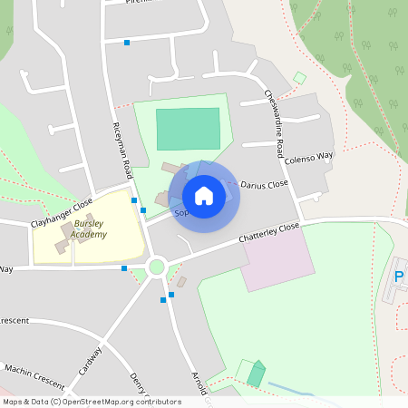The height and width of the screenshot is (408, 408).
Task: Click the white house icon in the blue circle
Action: pos(204,195)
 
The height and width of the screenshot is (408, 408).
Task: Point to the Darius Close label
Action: pos(264,185)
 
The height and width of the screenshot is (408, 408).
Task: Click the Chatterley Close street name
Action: pos(268,233)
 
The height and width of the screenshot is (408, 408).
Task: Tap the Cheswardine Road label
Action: pos(275,112)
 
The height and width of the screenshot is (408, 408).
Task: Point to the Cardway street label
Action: pos(91,361)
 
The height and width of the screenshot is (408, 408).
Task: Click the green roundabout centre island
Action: pos(157,267)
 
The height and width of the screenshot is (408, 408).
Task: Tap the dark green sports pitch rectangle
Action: pos(188,129)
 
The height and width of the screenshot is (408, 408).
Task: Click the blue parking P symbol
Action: pos(399,277)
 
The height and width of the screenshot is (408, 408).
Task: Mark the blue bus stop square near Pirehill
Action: pos(127,43)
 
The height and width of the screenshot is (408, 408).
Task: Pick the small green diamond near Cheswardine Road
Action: pos(299,78)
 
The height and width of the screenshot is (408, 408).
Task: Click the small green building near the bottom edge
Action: pos(257,374)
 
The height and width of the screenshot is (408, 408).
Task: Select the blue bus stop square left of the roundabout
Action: pos(124,268)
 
